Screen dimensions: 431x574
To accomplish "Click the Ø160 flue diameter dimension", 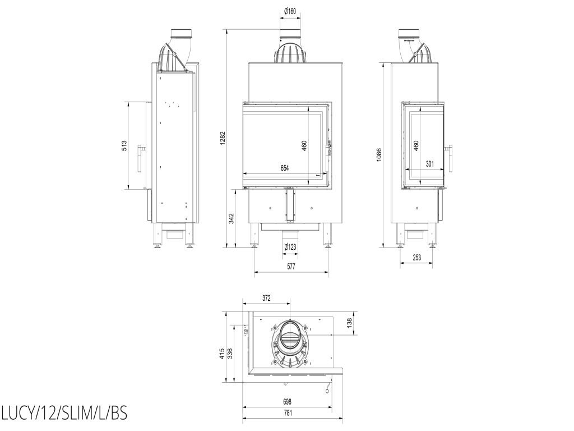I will pos(290,11).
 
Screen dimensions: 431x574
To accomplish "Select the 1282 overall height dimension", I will pos(223,138).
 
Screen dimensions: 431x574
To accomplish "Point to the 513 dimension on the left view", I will pos(124,146).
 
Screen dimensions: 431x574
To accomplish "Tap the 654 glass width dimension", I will pos(284,168).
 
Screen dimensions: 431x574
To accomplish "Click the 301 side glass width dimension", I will pos(430,164).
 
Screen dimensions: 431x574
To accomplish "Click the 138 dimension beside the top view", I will pos(349,323).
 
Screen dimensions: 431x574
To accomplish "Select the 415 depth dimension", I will pos(222,354).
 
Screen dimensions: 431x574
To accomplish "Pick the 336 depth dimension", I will pos(230,354).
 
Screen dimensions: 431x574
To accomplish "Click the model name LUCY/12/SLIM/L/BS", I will pos(64,414).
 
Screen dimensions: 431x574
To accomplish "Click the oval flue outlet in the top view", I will pos(290,335).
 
